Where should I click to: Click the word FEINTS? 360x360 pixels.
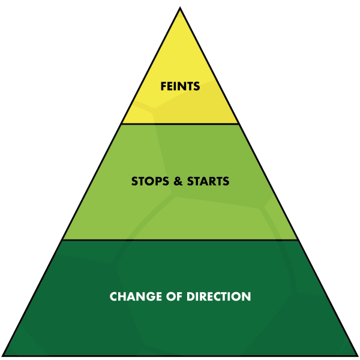click(180, 86)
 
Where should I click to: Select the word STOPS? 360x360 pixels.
click(150, 181)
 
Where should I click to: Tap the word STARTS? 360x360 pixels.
click(208, 181)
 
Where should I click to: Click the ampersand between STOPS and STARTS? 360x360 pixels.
click(178, 181)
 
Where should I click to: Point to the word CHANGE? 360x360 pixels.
click(136, 296)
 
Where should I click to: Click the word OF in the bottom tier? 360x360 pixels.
click(174, 296)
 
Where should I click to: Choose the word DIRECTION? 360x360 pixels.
click(219, 296)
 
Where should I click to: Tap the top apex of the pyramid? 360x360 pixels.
click(180, 7)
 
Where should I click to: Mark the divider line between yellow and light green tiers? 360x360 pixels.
click(180, 124)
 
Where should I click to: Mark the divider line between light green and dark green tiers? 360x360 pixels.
click(180, 240)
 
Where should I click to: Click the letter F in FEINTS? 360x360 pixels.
click(163, 86)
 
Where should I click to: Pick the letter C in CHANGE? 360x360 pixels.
click(114, 296)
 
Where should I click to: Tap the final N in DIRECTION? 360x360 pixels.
click(247, 296)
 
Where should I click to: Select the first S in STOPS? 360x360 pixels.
click(134, 181)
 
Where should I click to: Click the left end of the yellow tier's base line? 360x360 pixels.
click(121, 124)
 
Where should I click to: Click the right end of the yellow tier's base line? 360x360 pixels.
click(239, 124)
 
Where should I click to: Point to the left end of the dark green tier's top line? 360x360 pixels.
click(62, 240)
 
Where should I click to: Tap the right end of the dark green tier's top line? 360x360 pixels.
click(298, 240)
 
